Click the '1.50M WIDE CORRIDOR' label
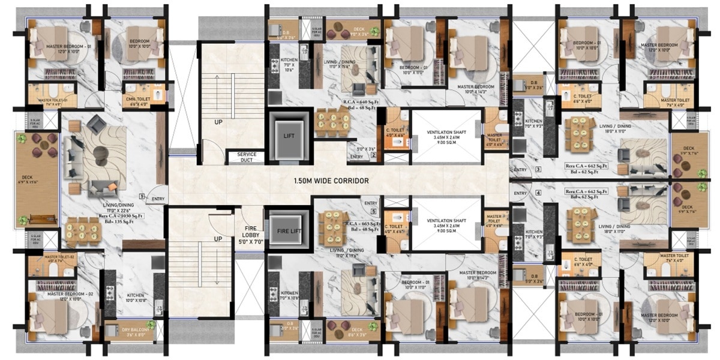tap(331, 180)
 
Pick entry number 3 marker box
tap(538, 170)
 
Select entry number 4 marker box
tap(538, 193)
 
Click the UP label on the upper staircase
tap(218, 122)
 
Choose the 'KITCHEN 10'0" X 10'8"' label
tap(134, 298)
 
